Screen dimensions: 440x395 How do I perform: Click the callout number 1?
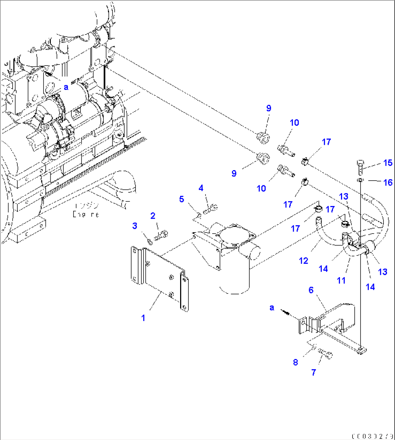143,318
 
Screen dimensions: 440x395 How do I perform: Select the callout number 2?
153,216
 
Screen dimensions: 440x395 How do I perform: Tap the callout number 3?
135,226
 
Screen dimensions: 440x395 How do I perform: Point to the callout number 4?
201,188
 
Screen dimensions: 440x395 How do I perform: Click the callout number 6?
311,290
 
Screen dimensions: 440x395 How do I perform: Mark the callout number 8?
296,362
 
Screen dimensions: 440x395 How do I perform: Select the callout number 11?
341,280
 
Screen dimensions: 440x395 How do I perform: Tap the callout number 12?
304,260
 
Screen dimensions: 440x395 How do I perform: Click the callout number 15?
388,163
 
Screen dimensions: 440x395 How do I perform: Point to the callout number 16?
388,182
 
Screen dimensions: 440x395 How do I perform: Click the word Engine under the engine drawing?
86,214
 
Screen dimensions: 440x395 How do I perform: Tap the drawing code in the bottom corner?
372,435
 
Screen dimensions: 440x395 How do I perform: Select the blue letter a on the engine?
66,87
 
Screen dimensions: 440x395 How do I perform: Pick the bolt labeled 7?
326,353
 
